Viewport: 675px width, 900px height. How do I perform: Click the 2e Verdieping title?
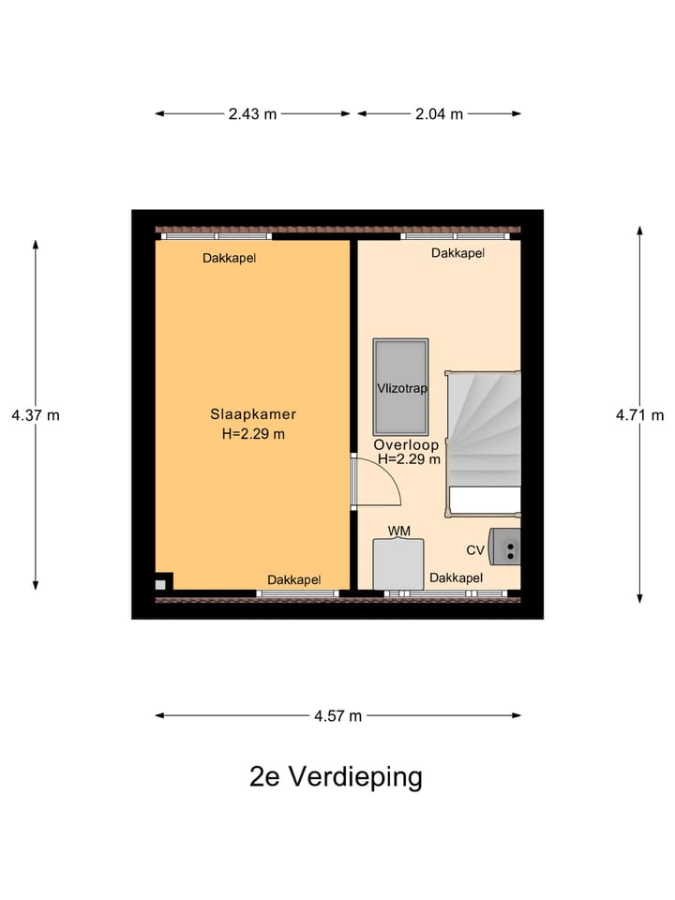[336, 777]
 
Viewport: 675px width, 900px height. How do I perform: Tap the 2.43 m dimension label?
[252, 114]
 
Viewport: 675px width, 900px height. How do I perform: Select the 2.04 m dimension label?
[439, 114]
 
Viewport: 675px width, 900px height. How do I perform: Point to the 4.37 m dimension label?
[36, 415]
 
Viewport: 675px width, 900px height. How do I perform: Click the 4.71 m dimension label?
[639, 415]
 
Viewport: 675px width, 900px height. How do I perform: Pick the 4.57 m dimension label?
[337, 716]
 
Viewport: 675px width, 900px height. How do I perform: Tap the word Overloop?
[406, 444]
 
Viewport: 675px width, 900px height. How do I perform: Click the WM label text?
[399, 532]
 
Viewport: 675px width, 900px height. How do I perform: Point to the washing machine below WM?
[399, 565]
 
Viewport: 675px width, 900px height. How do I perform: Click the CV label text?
[475, 550]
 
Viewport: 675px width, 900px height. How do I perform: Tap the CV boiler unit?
[507, 547]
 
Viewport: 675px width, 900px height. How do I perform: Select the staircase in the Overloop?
[484, 441]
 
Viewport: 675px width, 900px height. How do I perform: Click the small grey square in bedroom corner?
[160, 584]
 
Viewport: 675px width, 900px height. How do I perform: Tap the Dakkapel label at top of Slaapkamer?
[230, 258]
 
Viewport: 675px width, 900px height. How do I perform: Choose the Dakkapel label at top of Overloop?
[457, 253]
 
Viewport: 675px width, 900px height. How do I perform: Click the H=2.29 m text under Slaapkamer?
[252, 433]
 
